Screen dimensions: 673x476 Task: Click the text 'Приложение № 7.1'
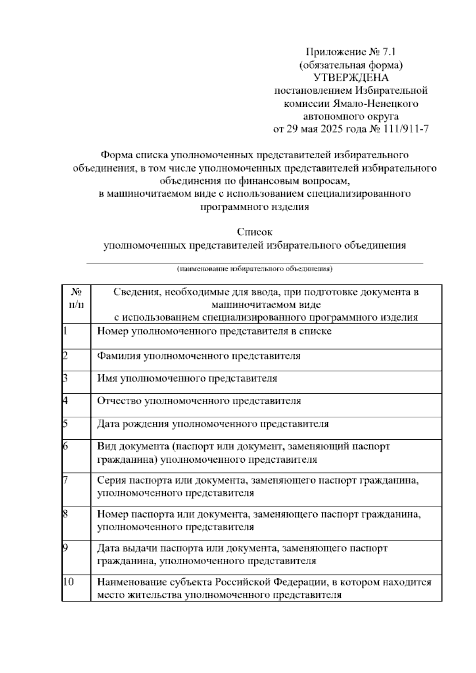(x=351, y=52)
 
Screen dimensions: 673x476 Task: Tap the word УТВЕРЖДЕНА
(x=351, y=77)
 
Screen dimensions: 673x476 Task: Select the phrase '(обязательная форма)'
(x=351, y=65)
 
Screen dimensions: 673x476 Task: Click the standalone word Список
(x=255, y=232)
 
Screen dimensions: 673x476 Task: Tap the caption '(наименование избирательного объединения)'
(x=255, y=269)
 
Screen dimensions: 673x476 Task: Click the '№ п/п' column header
(x=76, y=299)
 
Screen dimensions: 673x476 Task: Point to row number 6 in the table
(x=66, y=446)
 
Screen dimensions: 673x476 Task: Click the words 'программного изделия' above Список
(x=255, y=207)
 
